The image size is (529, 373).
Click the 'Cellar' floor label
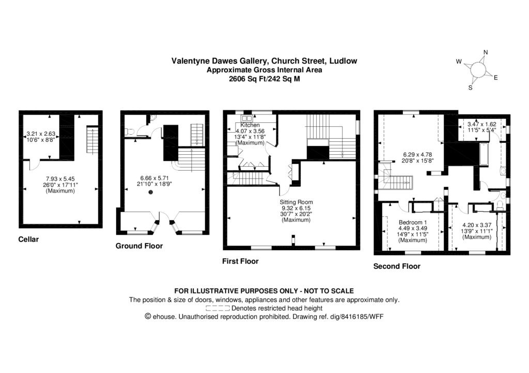pyautogui.click(x=28, y=239)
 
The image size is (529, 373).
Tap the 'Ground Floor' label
pyautogui.click(x=139, y=246)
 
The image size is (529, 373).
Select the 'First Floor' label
pyautogui.click(x=240, y=262)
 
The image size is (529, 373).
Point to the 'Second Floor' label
pyautogui.click(x=397, y=267)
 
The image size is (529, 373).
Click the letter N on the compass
pyautogui.click(x=485, y=52)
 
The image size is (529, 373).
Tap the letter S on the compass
pyautogui.click(x=470, y=87)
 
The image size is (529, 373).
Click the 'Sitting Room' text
pyautogui.click(x=296, y=202)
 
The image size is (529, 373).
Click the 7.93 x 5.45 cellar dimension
pyautogui.click(x=60, y=179)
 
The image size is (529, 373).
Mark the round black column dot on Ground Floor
pyautogui.click(x=151, y=192)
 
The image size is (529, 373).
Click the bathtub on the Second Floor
pyautogui.click(x=484, y=153)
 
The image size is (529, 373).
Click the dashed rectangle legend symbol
pyautogui.click(x=217, y=308)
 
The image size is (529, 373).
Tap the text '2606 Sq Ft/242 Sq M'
pyautogui.click(x=264, y=79)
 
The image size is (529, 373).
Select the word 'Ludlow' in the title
pyautogui.click(x=343, y=61)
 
